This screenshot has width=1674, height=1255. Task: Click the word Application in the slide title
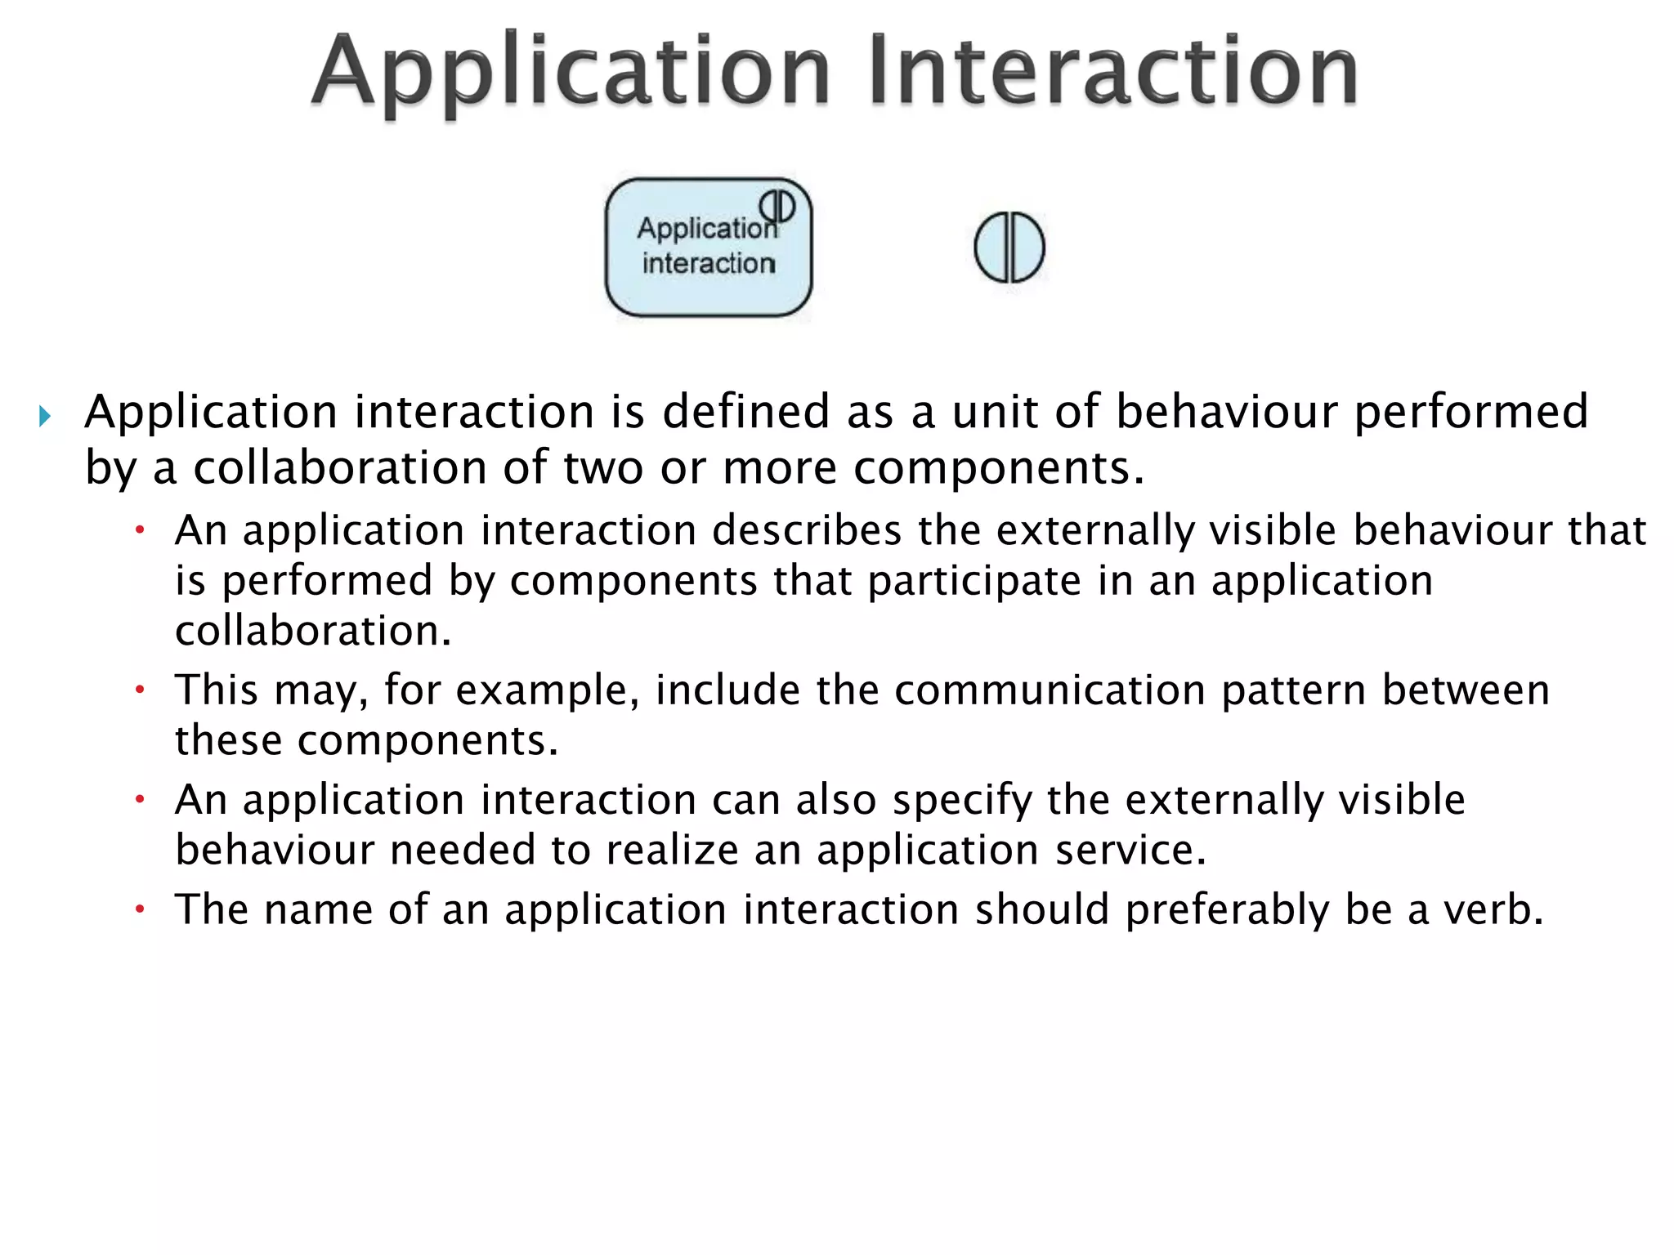tap(571, 72)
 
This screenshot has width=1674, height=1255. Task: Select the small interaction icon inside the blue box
tap(777, 205)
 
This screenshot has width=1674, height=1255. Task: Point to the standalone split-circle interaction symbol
tap(1009, 248)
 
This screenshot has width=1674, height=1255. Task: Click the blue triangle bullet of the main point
tap(45, 417)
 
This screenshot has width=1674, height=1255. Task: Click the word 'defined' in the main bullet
tap(746, 411)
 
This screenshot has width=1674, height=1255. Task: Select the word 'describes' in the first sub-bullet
tap(807, 530)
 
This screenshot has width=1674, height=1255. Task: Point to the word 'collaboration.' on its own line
tap(313, 632)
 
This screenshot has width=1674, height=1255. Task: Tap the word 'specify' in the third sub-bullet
tap(962, 800)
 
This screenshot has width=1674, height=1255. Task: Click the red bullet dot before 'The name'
tap(140, 909)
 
